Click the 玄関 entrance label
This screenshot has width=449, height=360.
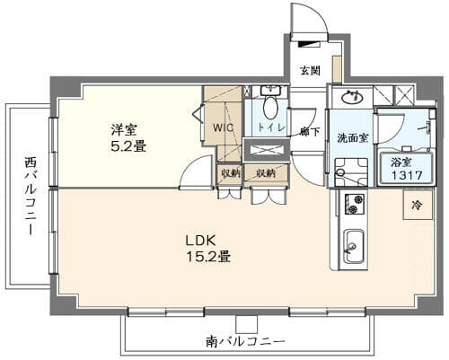click(x=310, y=71)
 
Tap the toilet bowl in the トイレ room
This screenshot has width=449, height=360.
click(x=271, y=109)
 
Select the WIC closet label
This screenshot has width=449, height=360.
click(x=224, y=127)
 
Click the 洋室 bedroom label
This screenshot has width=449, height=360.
click(x=124, y=130)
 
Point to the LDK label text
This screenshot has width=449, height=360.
click(x=201, y=241)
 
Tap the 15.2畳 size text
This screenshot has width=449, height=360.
click(x=208, y=257)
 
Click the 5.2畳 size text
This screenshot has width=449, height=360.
click(x=128, y=146)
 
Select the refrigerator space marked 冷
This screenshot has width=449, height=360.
click(x=418, y=205)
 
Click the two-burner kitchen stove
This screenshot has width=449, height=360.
click(x=355, y=204)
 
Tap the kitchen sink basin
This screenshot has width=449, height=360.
click(x=354, y=246)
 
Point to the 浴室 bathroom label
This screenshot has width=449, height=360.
click(x=401, y=162)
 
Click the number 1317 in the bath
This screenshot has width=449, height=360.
click(x=407, y=175)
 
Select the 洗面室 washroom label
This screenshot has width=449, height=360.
click(x=352, y=138)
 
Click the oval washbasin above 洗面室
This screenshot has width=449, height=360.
click(x=352, y=97)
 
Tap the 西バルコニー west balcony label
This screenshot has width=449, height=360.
click(x=31, y=197)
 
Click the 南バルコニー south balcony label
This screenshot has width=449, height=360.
click(x=245, y=341)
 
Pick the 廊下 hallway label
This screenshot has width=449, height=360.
click(x=310, y=132)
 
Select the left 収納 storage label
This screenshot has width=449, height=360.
click(x=231, y=173)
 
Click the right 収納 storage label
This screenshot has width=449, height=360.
click(x=266, y=173)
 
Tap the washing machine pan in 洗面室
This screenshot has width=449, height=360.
click(x=351, y=172)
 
